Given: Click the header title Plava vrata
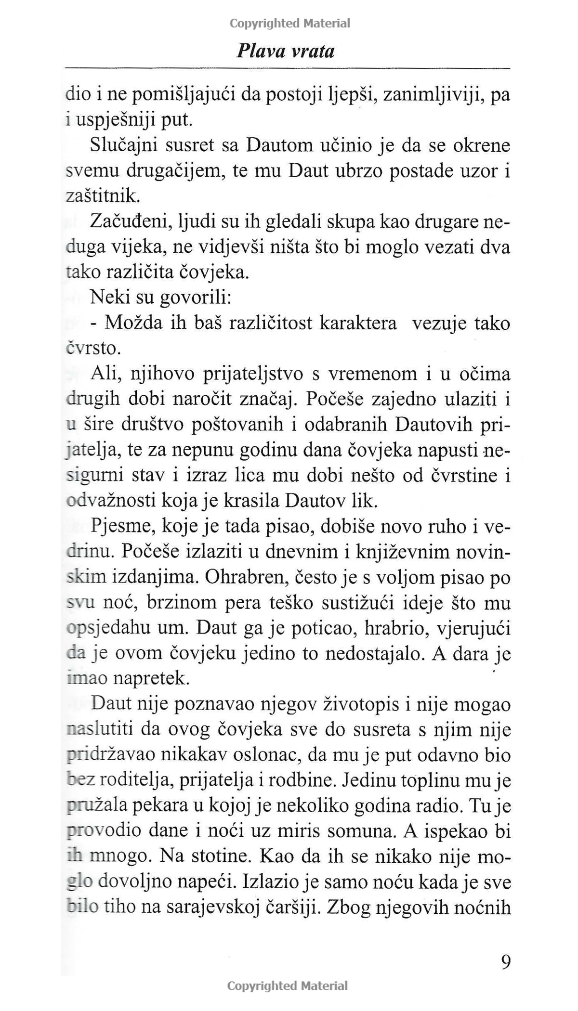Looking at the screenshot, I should [x=286, y=51].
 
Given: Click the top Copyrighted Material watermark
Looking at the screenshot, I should [x=289, y=23].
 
